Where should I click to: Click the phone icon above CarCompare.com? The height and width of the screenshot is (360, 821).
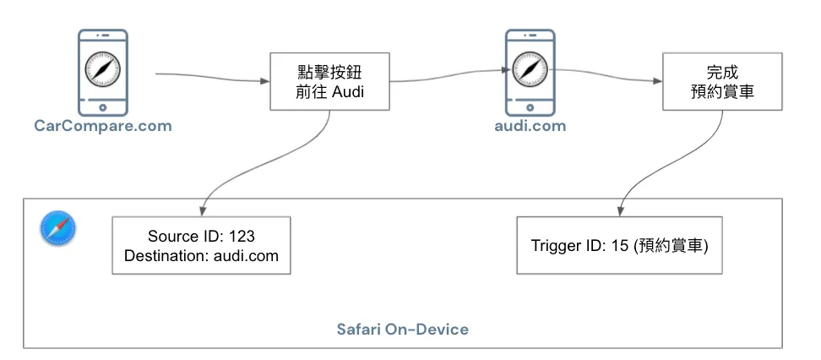102,71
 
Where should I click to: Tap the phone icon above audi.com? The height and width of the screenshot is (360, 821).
530,71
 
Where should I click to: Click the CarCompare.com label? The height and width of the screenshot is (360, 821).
102,127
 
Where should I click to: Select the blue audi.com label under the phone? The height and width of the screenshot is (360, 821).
530,127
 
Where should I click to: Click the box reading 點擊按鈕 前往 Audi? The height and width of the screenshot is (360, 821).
329,81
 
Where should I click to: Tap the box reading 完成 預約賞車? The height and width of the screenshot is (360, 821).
719,81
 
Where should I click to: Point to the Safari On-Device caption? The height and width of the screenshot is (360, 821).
402,329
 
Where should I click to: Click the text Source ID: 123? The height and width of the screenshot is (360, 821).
201,236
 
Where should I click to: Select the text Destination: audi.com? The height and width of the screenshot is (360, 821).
201,254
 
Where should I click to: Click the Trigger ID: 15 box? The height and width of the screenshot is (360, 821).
620,246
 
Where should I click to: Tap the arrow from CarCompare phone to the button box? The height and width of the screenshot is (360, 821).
211,79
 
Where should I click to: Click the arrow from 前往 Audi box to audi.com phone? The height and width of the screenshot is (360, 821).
448,79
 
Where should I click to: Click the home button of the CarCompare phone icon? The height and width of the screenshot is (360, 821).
102,107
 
